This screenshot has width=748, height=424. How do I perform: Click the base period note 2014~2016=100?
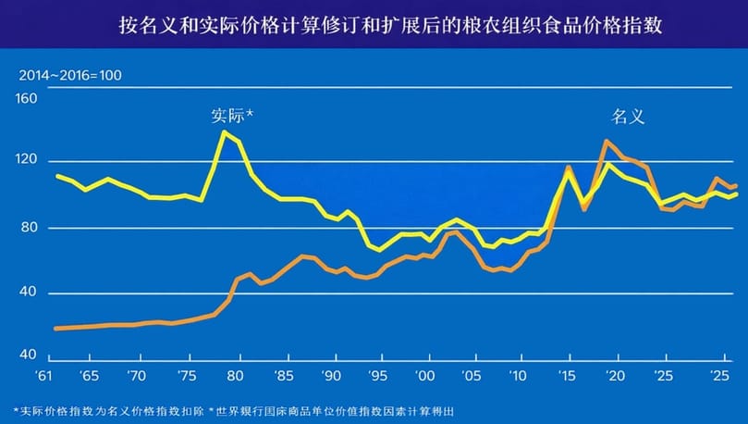(70, 74)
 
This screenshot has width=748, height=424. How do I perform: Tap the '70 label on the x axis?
(136, 377)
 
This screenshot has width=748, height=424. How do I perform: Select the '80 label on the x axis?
(233, 377)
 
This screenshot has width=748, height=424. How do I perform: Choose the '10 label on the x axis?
(520, 377)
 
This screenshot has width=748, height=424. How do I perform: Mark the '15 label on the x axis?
(568, 377)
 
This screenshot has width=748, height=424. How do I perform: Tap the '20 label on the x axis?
(615, 377)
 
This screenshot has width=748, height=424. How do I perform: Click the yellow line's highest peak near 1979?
(224, 131)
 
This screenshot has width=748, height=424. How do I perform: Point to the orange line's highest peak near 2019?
(606, 141)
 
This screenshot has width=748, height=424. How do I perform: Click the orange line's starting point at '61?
(56, 329)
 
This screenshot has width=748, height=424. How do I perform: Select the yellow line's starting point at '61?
(57, 176)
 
